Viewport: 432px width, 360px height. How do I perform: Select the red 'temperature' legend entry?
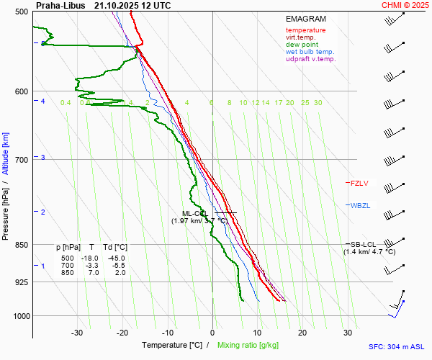305,30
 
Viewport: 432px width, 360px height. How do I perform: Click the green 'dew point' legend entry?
303,45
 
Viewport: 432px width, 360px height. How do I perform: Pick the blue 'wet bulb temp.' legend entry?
310,52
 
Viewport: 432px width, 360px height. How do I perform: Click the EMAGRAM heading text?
305,19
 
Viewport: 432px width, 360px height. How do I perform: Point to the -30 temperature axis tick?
77,333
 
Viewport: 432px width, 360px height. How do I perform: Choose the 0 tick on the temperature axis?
212,333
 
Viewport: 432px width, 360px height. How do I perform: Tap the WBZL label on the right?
360,206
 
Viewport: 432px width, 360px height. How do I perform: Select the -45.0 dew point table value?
116,258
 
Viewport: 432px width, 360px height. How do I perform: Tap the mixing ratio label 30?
318,103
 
